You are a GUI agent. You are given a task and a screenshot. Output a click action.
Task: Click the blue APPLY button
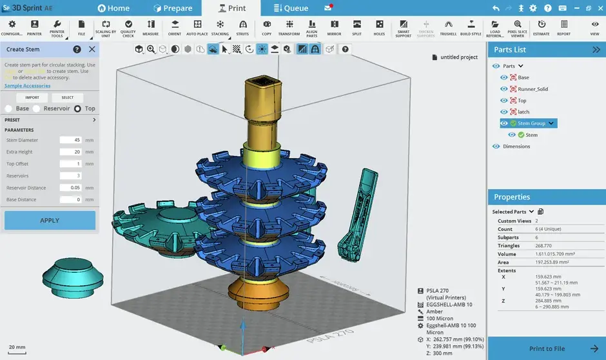pyautogui.click(x=50, y=220)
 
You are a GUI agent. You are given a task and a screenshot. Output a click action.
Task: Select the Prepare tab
pyautogui.click(x=173, y=8)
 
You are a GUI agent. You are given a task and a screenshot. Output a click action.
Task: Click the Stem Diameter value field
pyautogui.click(x=70, y=140)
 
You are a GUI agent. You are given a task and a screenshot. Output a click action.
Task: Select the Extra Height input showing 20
pyautogui.click(x=70, y=152)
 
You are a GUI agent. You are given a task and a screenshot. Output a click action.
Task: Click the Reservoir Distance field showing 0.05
pyautogui.click(x=70, y=188)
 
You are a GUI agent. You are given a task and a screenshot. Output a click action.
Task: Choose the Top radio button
pyautogui.click(x=78, y=109)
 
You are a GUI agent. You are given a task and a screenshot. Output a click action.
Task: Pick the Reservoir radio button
pyautogui.click(x=37, y=109)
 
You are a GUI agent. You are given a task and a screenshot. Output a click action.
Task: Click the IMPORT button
pyautogui.click(x=32, y=97)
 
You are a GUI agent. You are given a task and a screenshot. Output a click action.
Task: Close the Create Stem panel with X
pyautogui.click(x=92, y=49)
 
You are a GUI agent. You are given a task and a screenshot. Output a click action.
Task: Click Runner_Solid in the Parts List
pyautogui.click(x=533, y=89)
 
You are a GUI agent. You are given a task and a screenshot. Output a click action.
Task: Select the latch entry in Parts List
pyautogui.click(x=523, y=112)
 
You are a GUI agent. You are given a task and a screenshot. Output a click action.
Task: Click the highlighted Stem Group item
pyautogui.click(x=531, y=123)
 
